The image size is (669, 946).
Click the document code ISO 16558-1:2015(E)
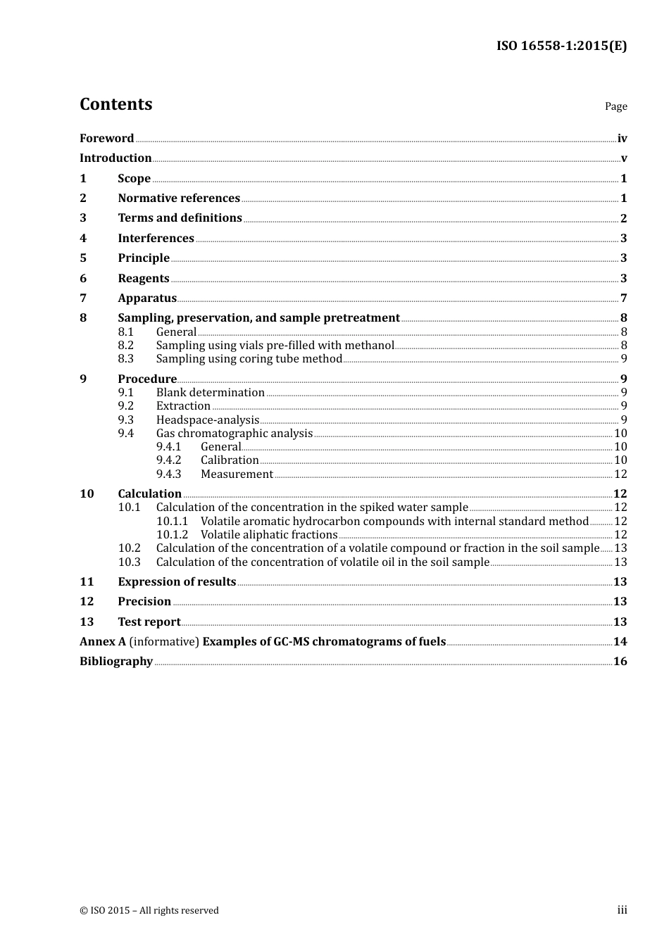pos(561,46)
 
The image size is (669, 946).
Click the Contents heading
pos(115,104)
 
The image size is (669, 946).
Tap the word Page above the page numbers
pos(615,106)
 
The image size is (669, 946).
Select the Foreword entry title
pos(106,139)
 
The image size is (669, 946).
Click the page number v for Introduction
pos(623,158)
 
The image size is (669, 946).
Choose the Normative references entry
pos(179,198)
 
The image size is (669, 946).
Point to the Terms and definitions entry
pos(180,218)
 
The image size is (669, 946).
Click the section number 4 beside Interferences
pos(83,239)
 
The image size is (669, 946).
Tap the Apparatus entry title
pos(147,298)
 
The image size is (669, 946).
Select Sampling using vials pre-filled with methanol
pos(275,346)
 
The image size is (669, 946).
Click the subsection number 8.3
pos(125,359)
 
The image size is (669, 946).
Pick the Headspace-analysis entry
pos(208,420)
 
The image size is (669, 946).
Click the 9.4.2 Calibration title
pos(230,460)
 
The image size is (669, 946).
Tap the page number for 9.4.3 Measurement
pos(620,474)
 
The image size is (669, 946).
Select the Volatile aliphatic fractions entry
pos(269,535)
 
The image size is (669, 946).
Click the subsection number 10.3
pos(129,562)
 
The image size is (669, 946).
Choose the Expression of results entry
pos(177,582)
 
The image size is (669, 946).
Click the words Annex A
pos(97,642)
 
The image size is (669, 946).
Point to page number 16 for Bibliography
pos(620,662)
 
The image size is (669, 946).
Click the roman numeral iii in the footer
pos(622,910)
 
